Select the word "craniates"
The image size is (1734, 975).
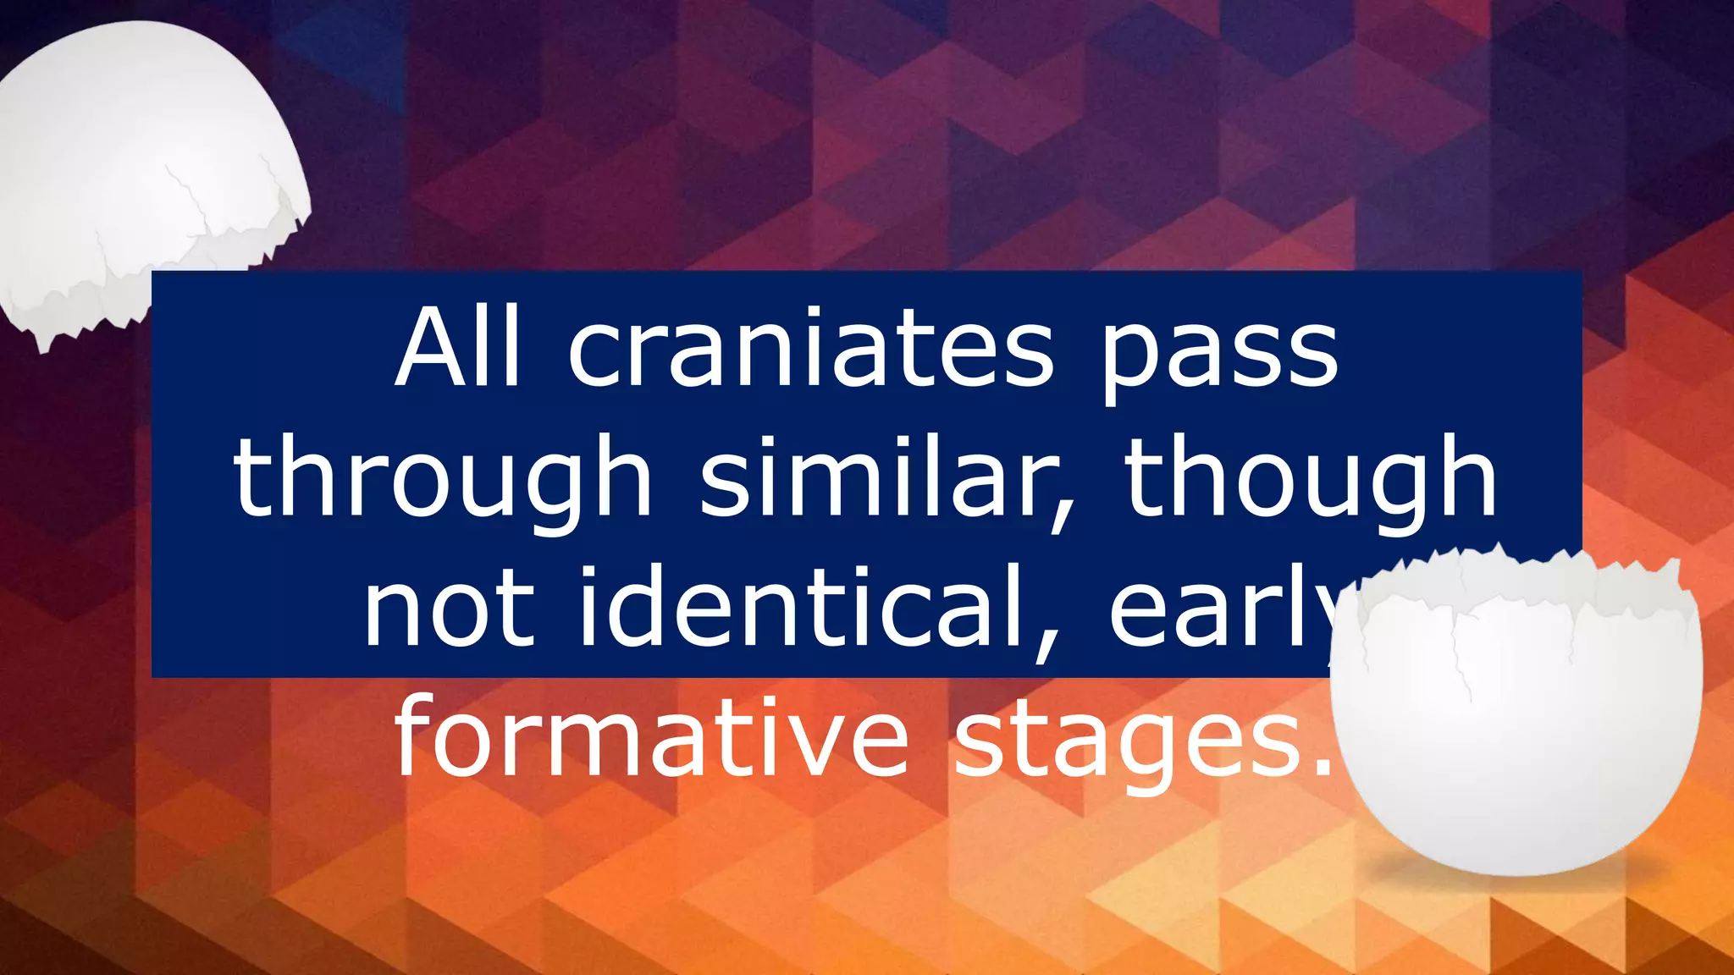click(x=810, y=348)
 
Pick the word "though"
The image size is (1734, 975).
click(x=1311, y=479)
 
